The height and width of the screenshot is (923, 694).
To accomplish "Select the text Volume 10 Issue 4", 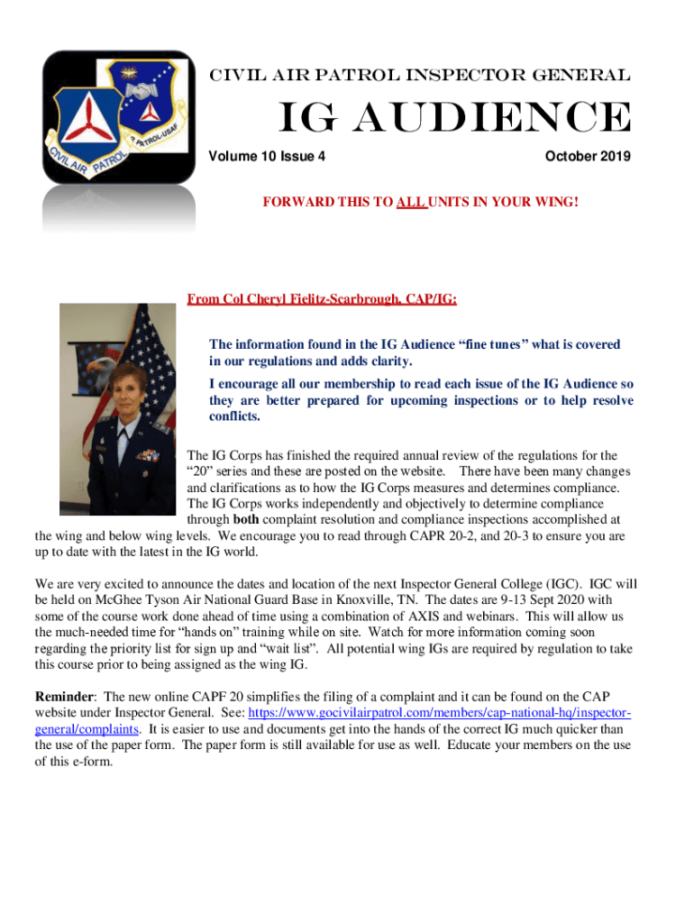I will pos(268,157).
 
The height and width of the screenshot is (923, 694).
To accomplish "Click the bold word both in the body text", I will pos(246,519).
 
